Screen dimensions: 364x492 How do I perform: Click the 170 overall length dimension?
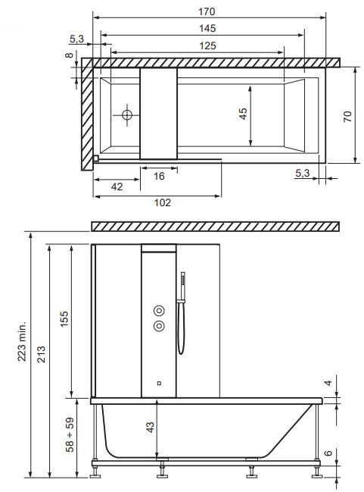coord(207,11)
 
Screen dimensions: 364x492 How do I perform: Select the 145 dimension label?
coord(207,29)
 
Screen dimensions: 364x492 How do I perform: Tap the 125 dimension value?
coord(207,45)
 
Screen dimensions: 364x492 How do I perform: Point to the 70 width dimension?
coord(347,117)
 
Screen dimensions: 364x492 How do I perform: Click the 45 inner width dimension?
coord(243,114)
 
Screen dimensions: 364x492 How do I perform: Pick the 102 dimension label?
coord(163,202)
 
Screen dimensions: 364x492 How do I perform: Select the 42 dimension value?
coord(117,186)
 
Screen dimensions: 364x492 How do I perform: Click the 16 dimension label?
coord(159,176)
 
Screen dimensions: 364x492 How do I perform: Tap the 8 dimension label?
coord(69,55)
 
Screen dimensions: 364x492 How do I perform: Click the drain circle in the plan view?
coord(127,115)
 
